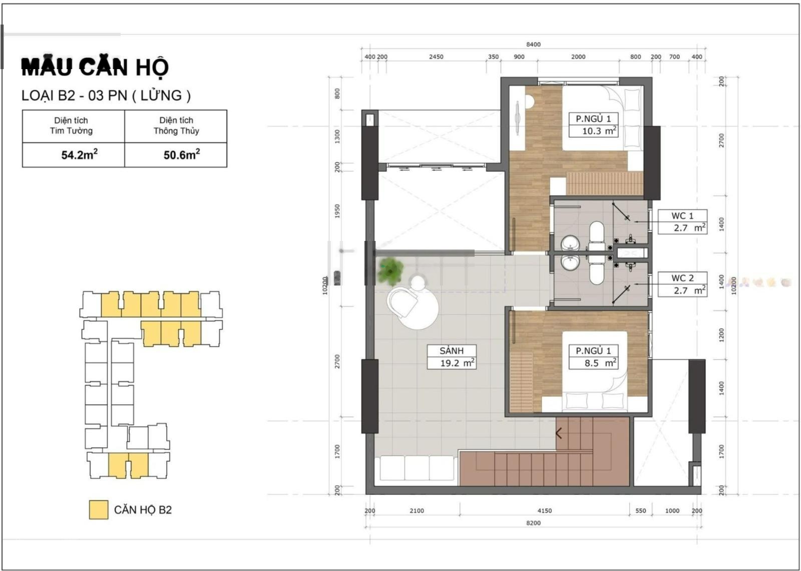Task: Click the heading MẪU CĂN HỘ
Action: (x=95, y=67)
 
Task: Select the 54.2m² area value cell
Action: (x=73, y=155)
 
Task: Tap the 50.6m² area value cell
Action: (x=176, y=155)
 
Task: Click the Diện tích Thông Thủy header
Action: (x=176, y=126)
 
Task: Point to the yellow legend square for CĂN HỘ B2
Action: (x=98, y=509)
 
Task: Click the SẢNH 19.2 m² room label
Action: (x=452, y=357)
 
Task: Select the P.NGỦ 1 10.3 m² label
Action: (x=593, y=125)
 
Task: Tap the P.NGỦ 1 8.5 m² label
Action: (x=593, y=357)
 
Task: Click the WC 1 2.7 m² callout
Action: (x=683, y=222)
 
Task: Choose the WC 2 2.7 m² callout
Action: (x=683, y=284)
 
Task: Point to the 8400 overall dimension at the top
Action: (x=533, y=45)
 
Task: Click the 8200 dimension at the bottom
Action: (x=533, y=523)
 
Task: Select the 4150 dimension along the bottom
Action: (x=545, y=510)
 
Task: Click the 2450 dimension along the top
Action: (x=436, y=57)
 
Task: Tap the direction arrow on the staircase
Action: (x=559, y=433)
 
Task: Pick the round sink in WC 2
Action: (x=569, y=262)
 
